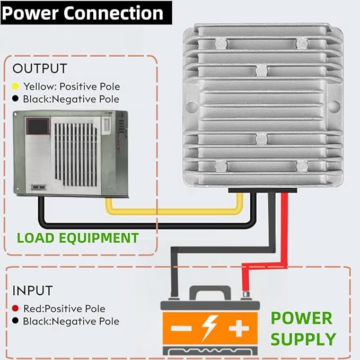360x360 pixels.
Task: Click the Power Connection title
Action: click(83, 13)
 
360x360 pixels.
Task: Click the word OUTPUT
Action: click(40, 68)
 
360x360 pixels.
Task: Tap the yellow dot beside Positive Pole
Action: click(15, 86)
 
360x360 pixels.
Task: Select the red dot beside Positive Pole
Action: click(15, 308)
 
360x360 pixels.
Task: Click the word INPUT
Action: click(32, 291)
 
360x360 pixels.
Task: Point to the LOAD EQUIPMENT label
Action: click(78, 238)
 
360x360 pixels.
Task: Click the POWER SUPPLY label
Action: click(303, 329)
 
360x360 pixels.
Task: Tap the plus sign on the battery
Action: click(239, 328)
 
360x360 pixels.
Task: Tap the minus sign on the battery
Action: click(181, 328)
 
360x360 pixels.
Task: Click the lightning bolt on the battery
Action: click(210, 328)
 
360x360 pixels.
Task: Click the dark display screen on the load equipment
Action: click(38, 126)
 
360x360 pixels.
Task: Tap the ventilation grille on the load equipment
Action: click(75, 155)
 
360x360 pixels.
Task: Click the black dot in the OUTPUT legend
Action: click(15, 99)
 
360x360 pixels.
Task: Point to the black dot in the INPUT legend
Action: click(15, 321)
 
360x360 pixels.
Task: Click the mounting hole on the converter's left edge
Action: click(191, 106)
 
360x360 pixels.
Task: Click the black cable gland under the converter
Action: click(262, 190)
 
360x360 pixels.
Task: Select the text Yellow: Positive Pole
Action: click(72, 86)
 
